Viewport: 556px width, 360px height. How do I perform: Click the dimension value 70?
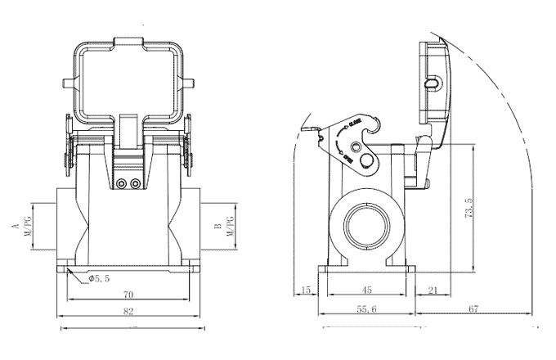pyautogui.click(x=128, y=294)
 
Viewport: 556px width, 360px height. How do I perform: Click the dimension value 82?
pyautogui.click(x=128, y=312)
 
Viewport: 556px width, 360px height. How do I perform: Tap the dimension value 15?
pyautogui.click(x=306, y=290)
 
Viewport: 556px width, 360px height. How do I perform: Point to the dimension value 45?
pyautogui.click(x=367, y=290)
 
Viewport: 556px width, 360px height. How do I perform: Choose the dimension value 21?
pyautogui.click(x=433, y=290)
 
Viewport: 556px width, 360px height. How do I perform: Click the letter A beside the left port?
pyautogui.click(x=14, y=223)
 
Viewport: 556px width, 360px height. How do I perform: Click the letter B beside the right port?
pyautogui.click(x=216, y=223)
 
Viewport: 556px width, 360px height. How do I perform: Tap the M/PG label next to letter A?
pyautogui.click(x=27, y=223)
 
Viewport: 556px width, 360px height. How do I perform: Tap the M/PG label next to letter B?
pyautogui.click(x=230, y=223)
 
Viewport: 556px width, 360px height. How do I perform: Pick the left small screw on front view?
pyautogui.click(x=122, y=184)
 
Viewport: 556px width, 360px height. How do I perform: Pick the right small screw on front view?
pyautogui.click(x=135, y=184)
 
